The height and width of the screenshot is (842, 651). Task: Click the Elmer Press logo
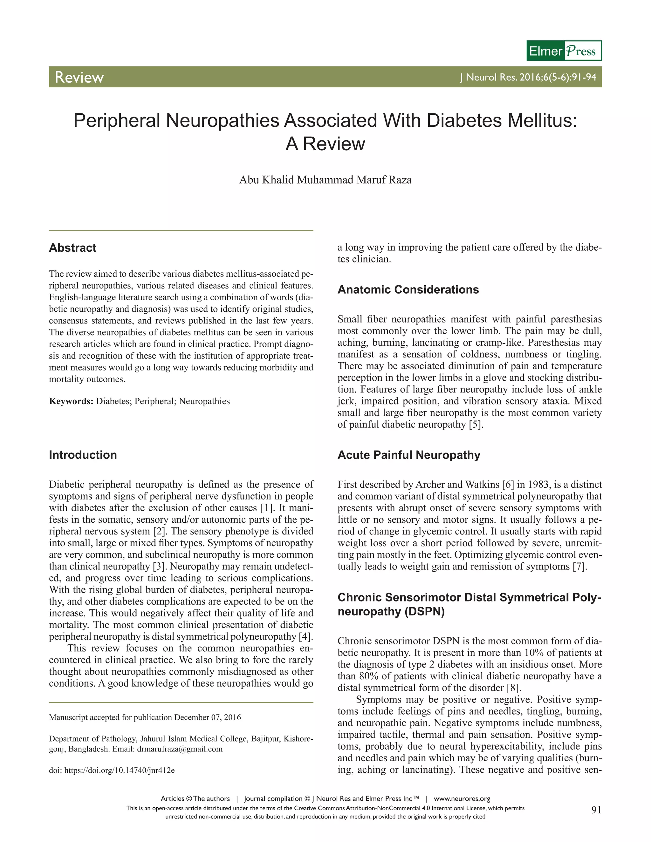(564, 51)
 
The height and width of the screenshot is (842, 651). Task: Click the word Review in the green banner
(79, 77)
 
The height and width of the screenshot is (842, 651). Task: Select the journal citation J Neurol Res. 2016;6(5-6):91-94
(528, 77)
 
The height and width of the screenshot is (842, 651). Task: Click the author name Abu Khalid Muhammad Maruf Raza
(325, 180)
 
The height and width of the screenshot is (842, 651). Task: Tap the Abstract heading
(72, 248)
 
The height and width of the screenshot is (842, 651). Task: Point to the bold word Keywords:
(71, 401)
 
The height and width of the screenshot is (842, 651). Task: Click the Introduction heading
(83, 455)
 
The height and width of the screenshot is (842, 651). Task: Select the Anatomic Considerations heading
(408, 289)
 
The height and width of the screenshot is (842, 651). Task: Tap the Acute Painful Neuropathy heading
(409, 455)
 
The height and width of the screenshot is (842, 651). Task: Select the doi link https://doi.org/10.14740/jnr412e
(119, 771)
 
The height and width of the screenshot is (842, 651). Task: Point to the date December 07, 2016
(208, 717)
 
